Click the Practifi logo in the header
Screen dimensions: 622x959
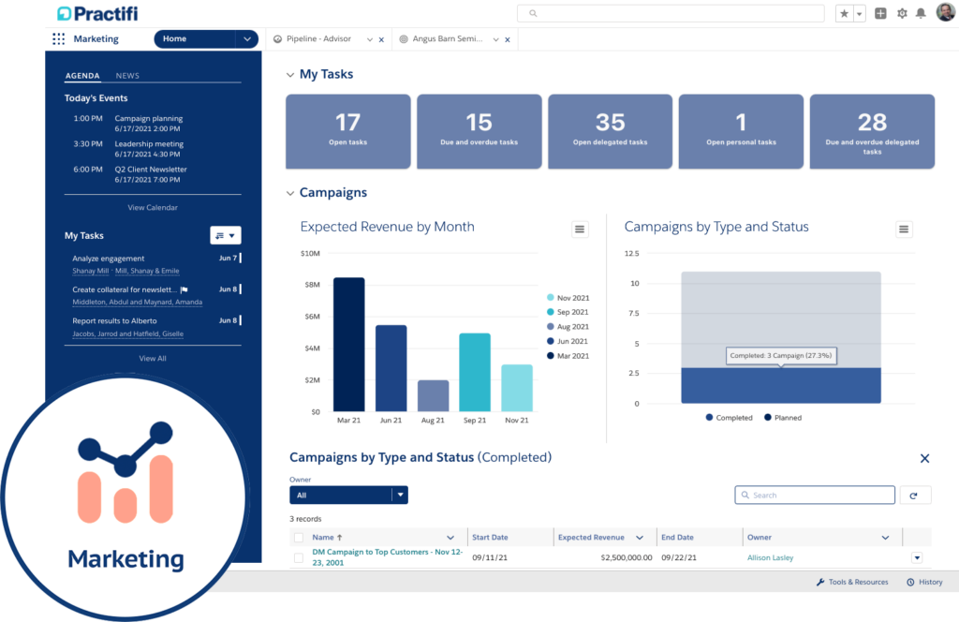pos(96,14)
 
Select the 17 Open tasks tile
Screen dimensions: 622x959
pos(347,130)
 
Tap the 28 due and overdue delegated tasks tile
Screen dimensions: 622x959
pos(872,130)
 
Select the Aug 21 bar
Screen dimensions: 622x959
pos(433,395)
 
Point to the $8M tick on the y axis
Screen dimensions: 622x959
pos(311,285)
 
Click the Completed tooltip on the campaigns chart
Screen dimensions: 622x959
pos(780,356)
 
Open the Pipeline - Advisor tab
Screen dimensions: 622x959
pos(318,39)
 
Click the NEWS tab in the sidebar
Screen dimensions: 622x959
pos(127,76)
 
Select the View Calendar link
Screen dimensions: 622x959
pos(153,208)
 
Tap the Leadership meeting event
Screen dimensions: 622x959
pos(149,144)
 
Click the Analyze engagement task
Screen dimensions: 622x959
pos(109,259)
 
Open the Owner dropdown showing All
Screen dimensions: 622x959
pos(348,496)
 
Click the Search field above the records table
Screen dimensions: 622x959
pos(815,496)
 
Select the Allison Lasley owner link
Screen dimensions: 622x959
pos(770,557)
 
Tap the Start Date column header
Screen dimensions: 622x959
pos(490,538)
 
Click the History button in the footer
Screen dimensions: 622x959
pos(924,582)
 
